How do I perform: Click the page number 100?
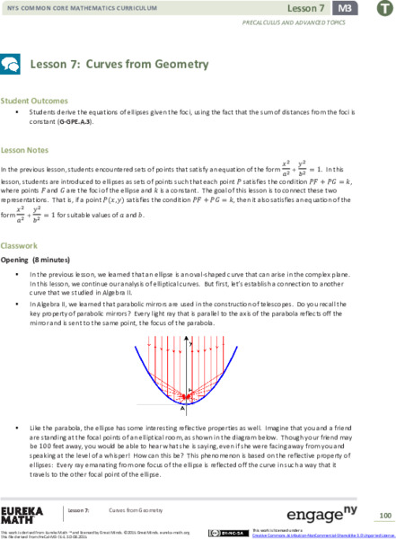(383, 516)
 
